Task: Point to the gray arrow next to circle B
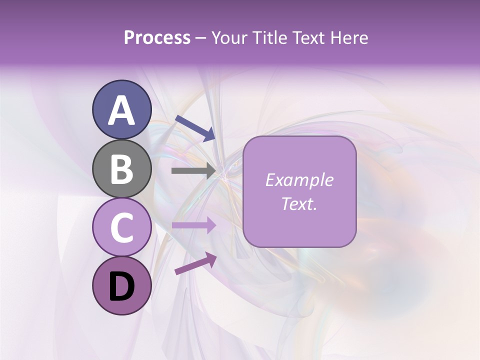[x=193, y=171]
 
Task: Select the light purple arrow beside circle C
[x=193, y=225]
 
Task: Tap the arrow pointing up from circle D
[x=195, y=263]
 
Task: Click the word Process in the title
[x=157, y=37]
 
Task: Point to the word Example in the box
[x=299, y=180]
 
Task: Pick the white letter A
[x=121, y=110]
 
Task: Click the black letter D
[x=121, y=287]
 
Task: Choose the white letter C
[x=121, y=228]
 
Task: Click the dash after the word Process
[x=201, y=38]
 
